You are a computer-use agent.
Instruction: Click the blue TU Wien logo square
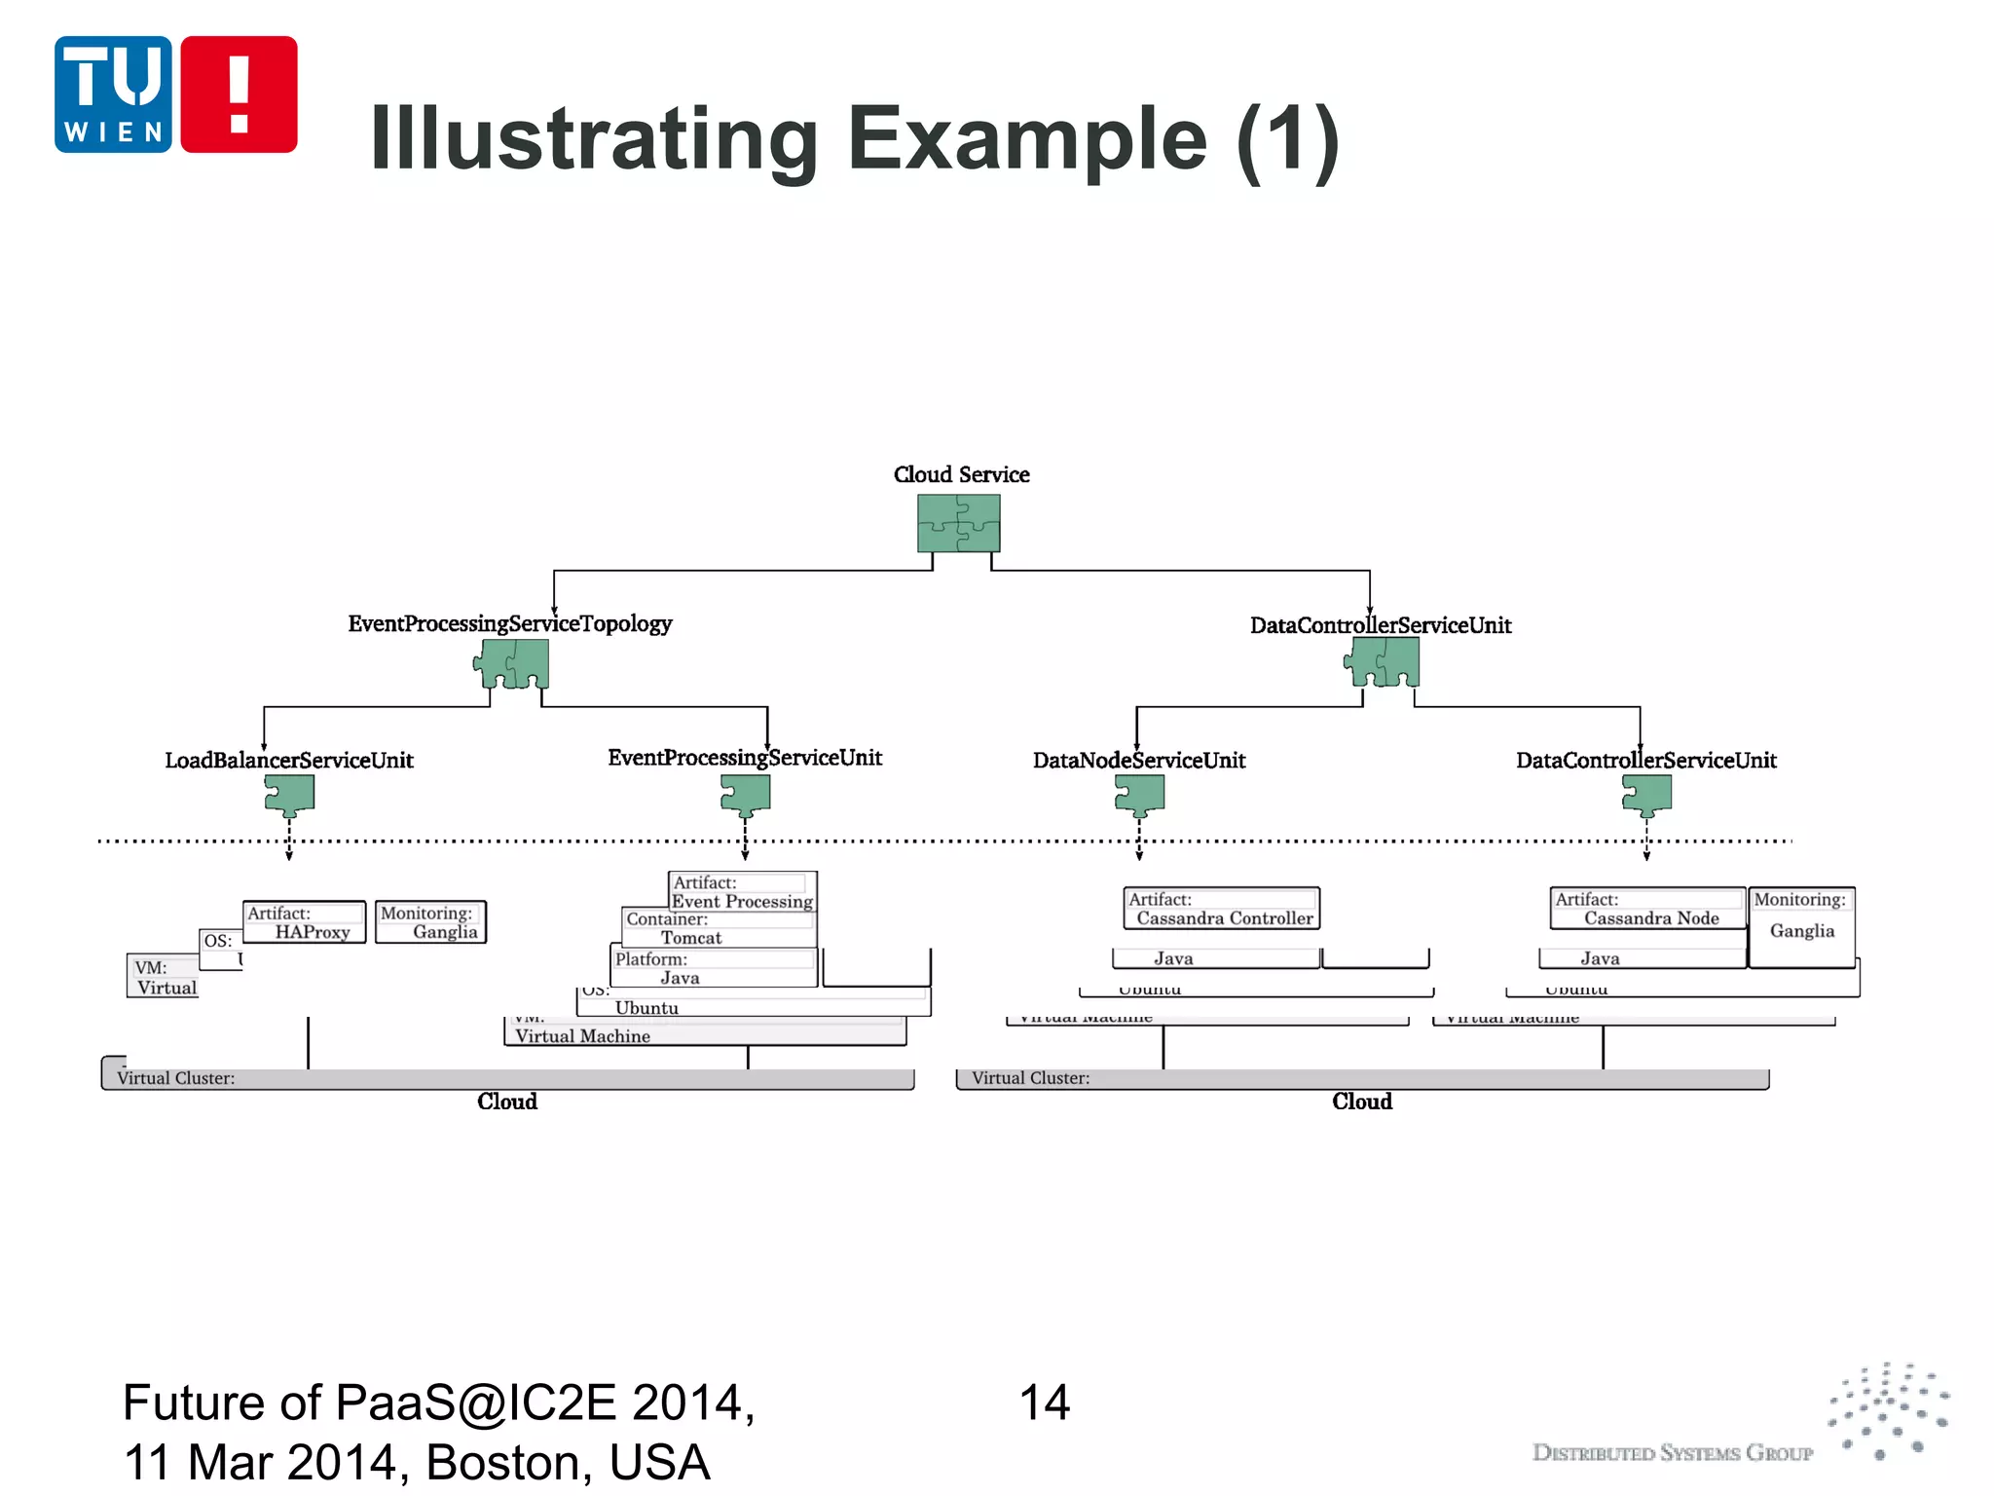tap(113, 94)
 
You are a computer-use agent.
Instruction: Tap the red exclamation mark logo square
tap(239, 94)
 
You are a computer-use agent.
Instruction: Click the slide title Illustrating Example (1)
tap(855, 139)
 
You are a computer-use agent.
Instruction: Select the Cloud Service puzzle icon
tap(958, 523)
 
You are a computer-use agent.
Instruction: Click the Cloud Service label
tap(961, 474)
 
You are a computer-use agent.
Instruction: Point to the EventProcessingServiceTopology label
tap(510, 623)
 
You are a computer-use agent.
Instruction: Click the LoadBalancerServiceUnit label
tap(289, 760)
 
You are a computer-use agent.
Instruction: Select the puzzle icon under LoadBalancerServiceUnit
tap(289, 795)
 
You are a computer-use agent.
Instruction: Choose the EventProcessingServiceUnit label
tap(745, 758)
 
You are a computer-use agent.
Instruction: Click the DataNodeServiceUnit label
tap(1139, 760)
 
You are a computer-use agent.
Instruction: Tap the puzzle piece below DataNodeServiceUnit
tap(1139, 795)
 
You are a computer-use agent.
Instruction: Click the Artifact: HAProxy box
tap(304, 922)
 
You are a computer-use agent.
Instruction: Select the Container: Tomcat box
tap(719, 928)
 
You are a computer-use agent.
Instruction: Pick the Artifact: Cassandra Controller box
tap(1222, 909)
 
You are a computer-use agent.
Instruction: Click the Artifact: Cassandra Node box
tap(1647, 909)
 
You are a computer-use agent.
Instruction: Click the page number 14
tap(1044, 1402)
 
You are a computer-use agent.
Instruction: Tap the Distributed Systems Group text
tap(1672, 1453)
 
